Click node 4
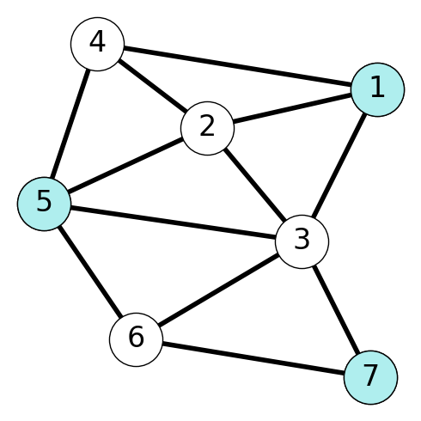coord(98,44)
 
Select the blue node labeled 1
coord(378,89)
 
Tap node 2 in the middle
coord(208,128)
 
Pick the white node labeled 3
coord(302,242)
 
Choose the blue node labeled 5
coord(44,204)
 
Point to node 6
coord(136,339)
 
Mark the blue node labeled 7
coord(370,377)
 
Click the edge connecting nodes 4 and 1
coord(238,67)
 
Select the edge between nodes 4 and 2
coord(153,86)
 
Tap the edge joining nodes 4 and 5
coord(70,124)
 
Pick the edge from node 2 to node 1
coord(293,109)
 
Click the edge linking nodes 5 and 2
coord(125,166)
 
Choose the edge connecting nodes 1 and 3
coord(339,166)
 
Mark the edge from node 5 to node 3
coord(173,223)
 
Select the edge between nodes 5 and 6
coord(90,272)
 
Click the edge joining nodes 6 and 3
coord(219,290)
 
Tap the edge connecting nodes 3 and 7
coord(336,309)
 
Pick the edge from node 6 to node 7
coord(253,358)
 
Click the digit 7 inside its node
coord(370,376)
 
